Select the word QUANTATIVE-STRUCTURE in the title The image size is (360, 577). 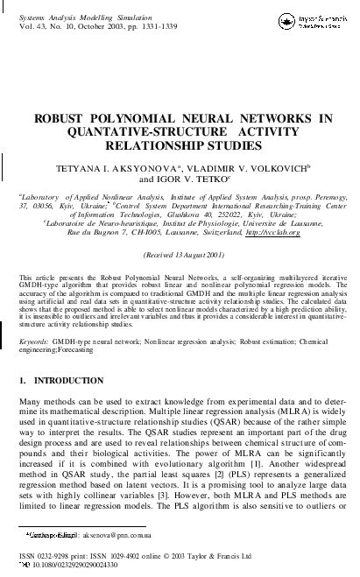pos(130,130)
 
